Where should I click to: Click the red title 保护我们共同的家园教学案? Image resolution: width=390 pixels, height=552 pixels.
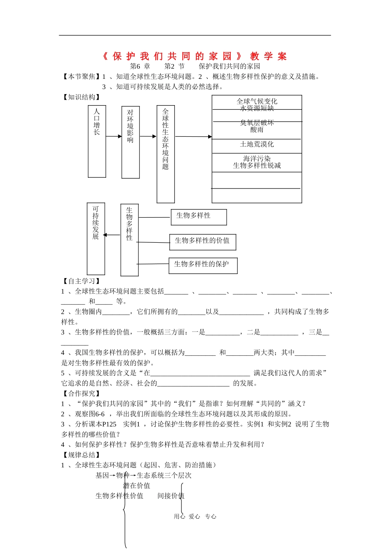[195, 56]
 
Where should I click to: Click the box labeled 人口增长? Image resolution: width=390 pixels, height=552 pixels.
[97, 141]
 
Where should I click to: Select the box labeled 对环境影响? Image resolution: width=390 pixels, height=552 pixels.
[131, 142]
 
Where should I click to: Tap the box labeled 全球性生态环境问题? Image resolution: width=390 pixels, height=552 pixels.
[165, 154]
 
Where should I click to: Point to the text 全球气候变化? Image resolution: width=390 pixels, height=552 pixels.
[257, 101]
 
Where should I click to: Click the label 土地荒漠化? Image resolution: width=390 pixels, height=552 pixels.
[257, 144]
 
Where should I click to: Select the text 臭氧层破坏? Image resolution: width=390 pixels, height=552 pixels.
[257, 123]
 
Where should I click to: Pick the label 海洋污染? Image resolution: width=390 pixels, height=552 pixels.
[257, 159]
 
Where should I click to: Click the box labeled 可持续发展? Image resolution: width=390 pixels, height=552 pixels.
[96, 238]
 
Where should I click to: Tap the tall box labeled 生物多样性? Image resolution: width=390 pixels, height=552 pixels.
[129, 240]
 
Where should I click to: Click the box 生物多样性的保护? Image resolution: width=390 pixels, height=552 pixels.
[203, 265]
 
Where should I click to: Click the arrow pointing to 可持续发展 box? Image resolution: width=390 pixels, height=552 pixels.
[111, 235]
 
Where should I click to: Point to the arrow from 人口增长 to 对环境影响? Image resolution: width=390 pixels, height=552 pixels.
[114, 136]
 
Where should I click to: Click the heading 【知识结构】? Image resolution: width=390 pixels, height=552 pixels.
[81, 97]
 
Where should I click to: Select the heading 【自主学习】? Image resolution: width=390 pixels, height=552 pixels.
[81, 281]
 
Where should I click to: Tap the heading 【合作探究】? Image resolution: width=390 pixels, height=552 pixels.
[81, 393]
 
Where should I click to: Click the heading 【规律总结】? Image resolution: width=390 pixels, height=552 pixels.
[81, 455]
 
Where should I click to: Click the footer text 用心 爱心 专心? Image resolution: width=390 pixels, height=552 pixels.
[195, 517]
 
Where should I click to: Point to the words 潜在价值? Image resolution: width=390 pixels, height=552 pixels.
[137, 485]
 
